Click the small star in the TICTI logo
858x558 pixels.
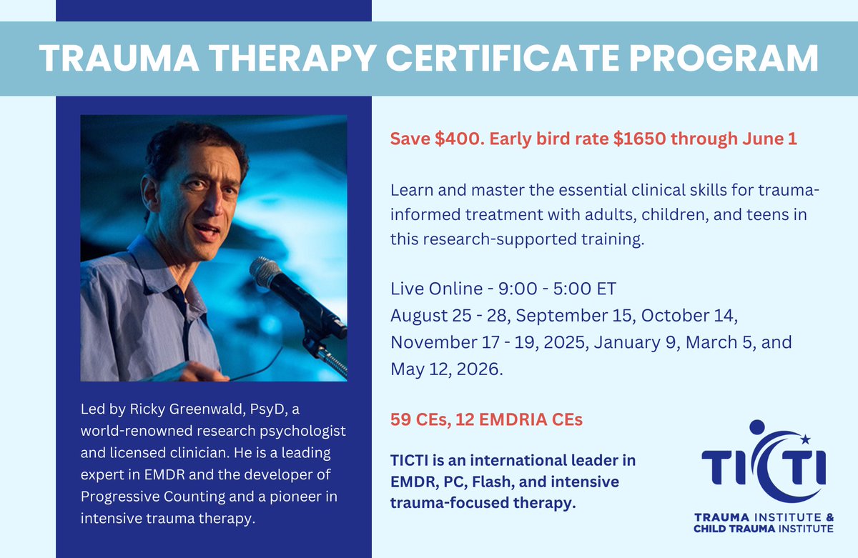806,438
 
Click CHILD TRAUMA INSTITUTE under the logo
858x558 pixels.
763,529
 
